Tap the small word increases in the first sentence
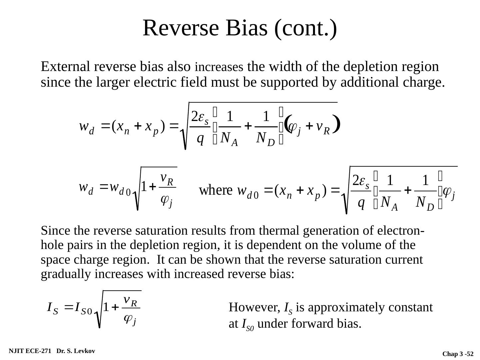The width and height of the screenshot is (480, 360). click(219, 68)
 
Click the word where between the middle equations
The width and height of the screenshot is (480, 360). click(215, 191)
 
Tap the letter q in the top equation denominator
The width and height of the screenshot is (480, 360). click(200, 138)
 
